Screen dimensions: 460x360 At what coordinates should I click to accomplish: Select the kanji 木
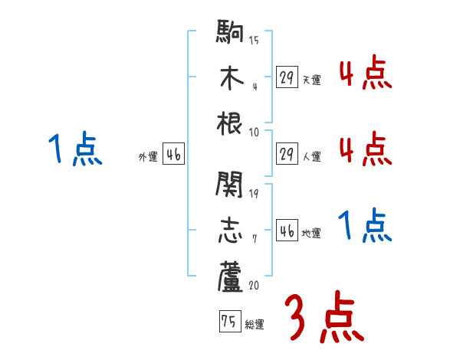click(230, 78)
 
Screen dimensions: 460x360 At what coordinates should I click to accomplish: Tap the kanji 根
click(230, 123)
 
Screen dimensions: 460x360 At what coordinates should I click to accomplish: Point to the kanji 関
click(230, 183)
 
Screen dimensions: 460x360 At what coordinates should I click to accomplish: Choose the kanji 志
click(230, 231)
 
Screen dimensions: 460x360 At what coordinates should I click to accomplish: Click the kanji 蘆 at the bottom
click(230, 277)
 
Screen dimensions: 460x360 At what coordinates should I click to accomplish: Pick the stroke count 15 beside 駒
click(254, 40)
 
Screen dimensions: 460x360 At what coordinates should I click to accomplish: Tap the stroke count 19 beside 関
click(254, 191)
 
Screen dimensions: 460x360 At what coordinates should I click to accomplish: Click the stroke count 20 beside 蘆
click(254, 284)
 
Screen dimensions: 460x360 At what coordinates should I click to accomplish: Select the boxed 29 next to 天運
click(287, 77)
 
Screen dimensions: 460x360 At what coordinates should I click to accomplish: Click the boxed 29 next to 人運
click(287, 154)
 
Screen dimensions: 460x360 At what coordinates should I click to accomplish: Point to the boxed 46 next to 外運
click(173, 155)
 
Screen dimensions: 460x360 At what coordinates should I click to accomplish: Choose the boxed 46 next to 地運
click(287, 231)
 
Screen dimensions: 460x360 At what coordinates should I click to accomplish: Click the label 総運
click(255, 325)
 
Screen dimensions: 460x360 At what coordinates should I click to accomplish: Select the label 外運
click(148, 157)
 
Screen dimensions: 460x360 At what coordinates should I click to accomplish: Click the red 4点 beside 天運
click(365, 74)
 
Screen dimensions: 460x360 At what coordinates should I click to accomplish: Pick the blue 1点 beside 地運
click(365, 227)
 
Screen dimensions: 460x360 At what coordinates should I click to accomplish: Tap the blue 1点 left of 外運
click(75, 149)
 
